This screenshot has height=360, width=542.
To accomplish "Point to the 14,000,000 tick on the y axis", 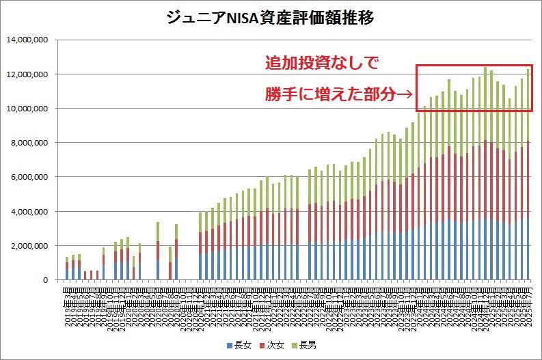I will [x=27, y=40].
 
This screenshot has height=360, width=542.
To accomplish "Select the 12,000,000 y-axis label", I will [x=27, y=74].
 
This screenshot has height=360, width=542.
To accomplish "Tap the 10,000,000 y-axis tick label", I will [x=27, y=109].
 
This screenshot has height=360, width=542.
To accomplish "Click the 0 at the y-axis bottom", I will [x=44, y=280].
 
